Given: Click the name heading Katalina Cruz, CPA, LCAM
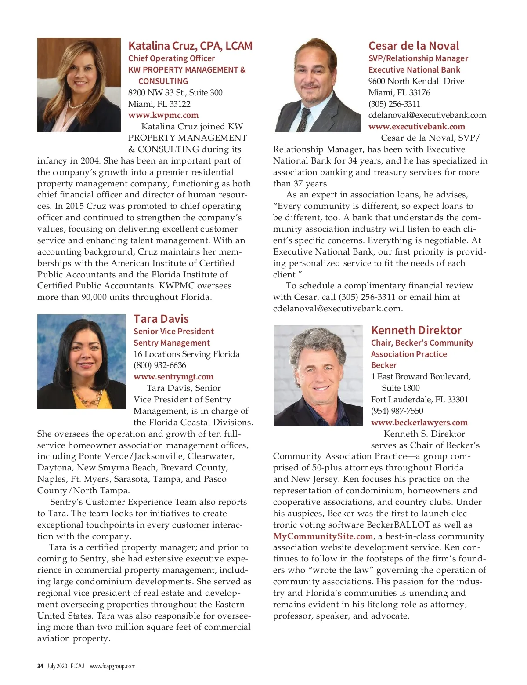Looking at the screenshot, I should coord(190,46).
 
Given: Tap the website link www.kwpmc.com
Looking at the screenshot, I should coord(163,115).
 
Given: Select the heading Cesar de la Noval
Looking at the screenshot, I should coord(413,46).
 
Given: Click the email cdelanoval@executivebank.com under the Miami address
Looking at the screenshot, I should coord(427,115).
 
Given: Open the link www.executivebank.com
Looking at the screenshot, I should coord(416,127).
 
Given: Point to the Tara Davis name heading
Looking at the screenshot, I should coord(161,319).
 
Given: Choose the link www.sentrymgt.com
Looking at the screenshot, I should coord(173,377).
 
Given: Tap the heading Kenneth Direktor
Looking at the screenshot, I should coord(416,331).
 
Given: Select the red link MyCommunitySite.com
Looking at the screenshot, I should coord(323,536).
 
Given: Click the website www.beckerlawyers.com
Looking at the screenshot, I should coord(419,423).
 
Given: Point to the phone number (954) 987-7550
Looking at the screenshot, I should coord(397,411).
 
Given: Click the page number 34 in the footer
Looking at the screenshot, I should coord(40,666).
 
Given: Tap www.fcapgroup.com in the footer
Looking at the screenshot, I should coord(113,666).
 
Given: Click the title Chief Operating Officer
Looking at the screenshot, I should coord(171,58).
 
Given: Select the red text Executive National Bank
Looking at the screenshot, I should coord(414,70).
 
